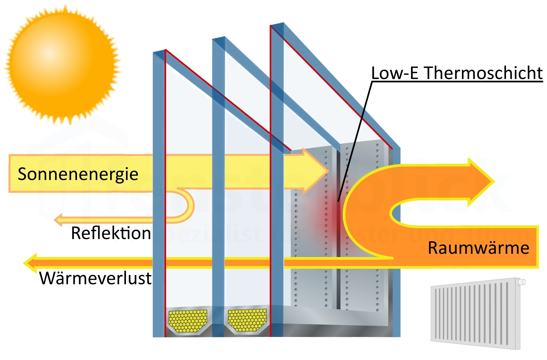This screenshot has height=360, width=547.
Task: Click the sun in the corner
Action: coord(62,64)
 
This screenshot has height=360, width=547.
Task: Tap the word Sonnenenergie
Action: coord(78,174)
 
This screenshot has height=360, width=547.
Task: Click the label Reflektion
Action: coord(111,233)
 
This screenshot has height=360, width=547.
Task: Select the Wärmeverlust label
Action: coord(95,278)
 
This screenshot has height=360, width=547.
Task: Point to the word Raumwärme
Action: coord(478,248)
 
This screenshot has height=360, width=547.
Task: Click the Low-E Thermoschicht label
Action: coord(456,73)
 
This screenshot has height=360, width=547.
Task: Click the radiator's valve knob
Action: coord(520,282)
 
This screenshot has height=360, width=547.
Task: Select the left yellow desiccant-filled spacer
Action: coord(187,320)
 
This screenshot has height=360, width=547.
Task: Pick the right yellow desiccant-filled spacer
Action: coord(247,320)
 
